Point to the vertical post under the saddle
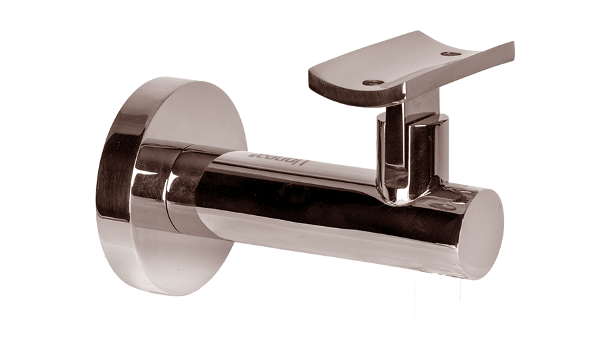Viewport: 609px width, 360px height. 406,156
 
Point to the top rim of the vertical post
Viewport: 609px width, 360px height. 413,118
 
